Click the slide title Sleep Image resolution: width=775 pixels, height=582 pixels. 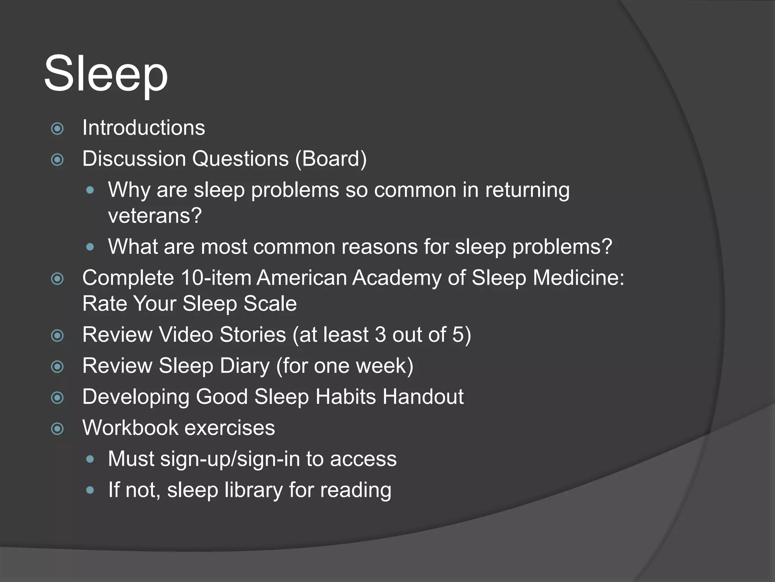(x=106, y=74)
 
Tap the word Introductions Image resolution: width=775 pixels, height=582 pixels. (x=144, y=128)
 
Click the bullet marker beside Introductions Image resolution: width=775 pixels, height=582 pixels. (x=58, y=129)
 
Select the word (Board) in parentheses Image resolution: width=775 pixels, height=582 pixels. (x=331, y=159)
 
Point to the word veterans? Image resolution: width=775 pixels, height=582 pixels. (x=155, y=216)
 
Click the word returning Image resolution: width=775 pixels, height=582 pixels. (x=528, y=190)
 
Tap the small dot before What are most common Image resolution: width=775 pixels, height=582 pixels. (x=90, y=247)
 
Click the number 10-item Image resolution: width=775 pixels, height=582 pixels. (x=216, y=278)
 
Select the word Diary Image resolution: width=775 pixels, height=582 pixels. (x=245, y=366)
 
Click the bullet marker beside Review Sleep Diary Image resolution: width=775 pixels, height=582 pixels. (x=58, y=366)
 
